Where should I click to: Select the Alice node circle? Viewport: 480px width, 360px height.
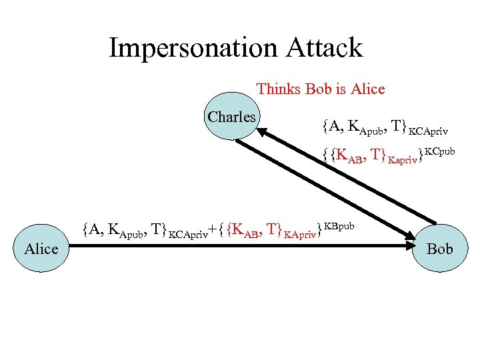pyautogui.click(x=41, y=249)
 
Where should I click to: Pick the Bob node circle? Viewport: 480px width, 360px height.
pyautogui.click(x=439, y=249)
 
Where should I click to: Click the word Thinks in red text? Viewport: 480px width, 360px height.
pyautogui.click(x=279, y=89)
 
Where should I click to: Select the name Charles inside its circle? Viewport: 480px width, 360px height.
pyautogui.click(x=232, y=117)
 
